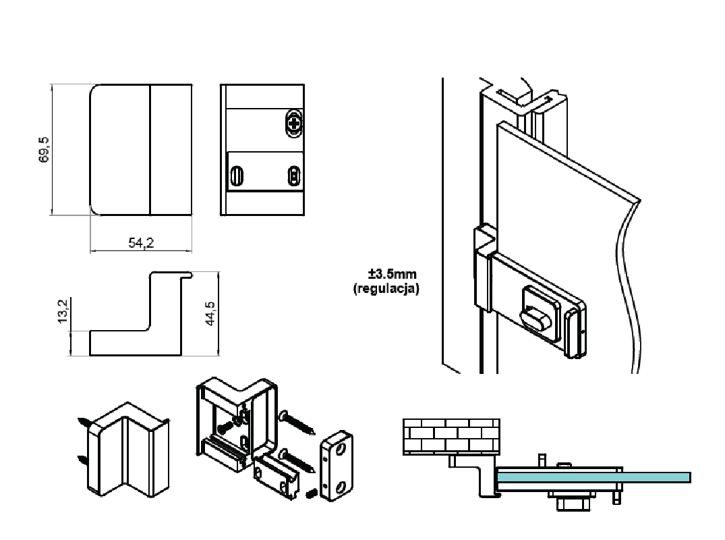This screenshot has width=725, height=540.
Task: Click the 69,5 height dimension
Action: pyautogui.click(x=45, y=150)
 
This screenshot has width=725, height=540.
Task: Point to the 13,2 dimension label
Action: pyautogui.click(x=63, y=313)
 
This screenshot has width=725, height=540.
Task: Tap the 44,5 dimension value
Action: pyautogui.click(x=210, y=314)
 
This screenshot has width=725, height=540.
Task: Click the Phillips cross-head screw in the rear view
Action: pyautogui.click(x=295, y=123)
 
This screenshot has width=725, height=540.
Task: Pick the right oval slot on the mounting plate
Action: pyautogui.click(x=293, y=176)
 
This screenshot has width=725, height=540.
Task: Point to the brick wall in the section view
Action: pyautogui.click(x=451, y=435)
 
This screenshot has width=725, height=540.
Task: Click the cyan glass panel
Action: pyautogui.click(x=593, y=477)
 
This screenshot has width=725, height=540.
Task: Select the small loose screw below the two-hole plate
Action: pyautogui.click(x=312, y=494)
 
